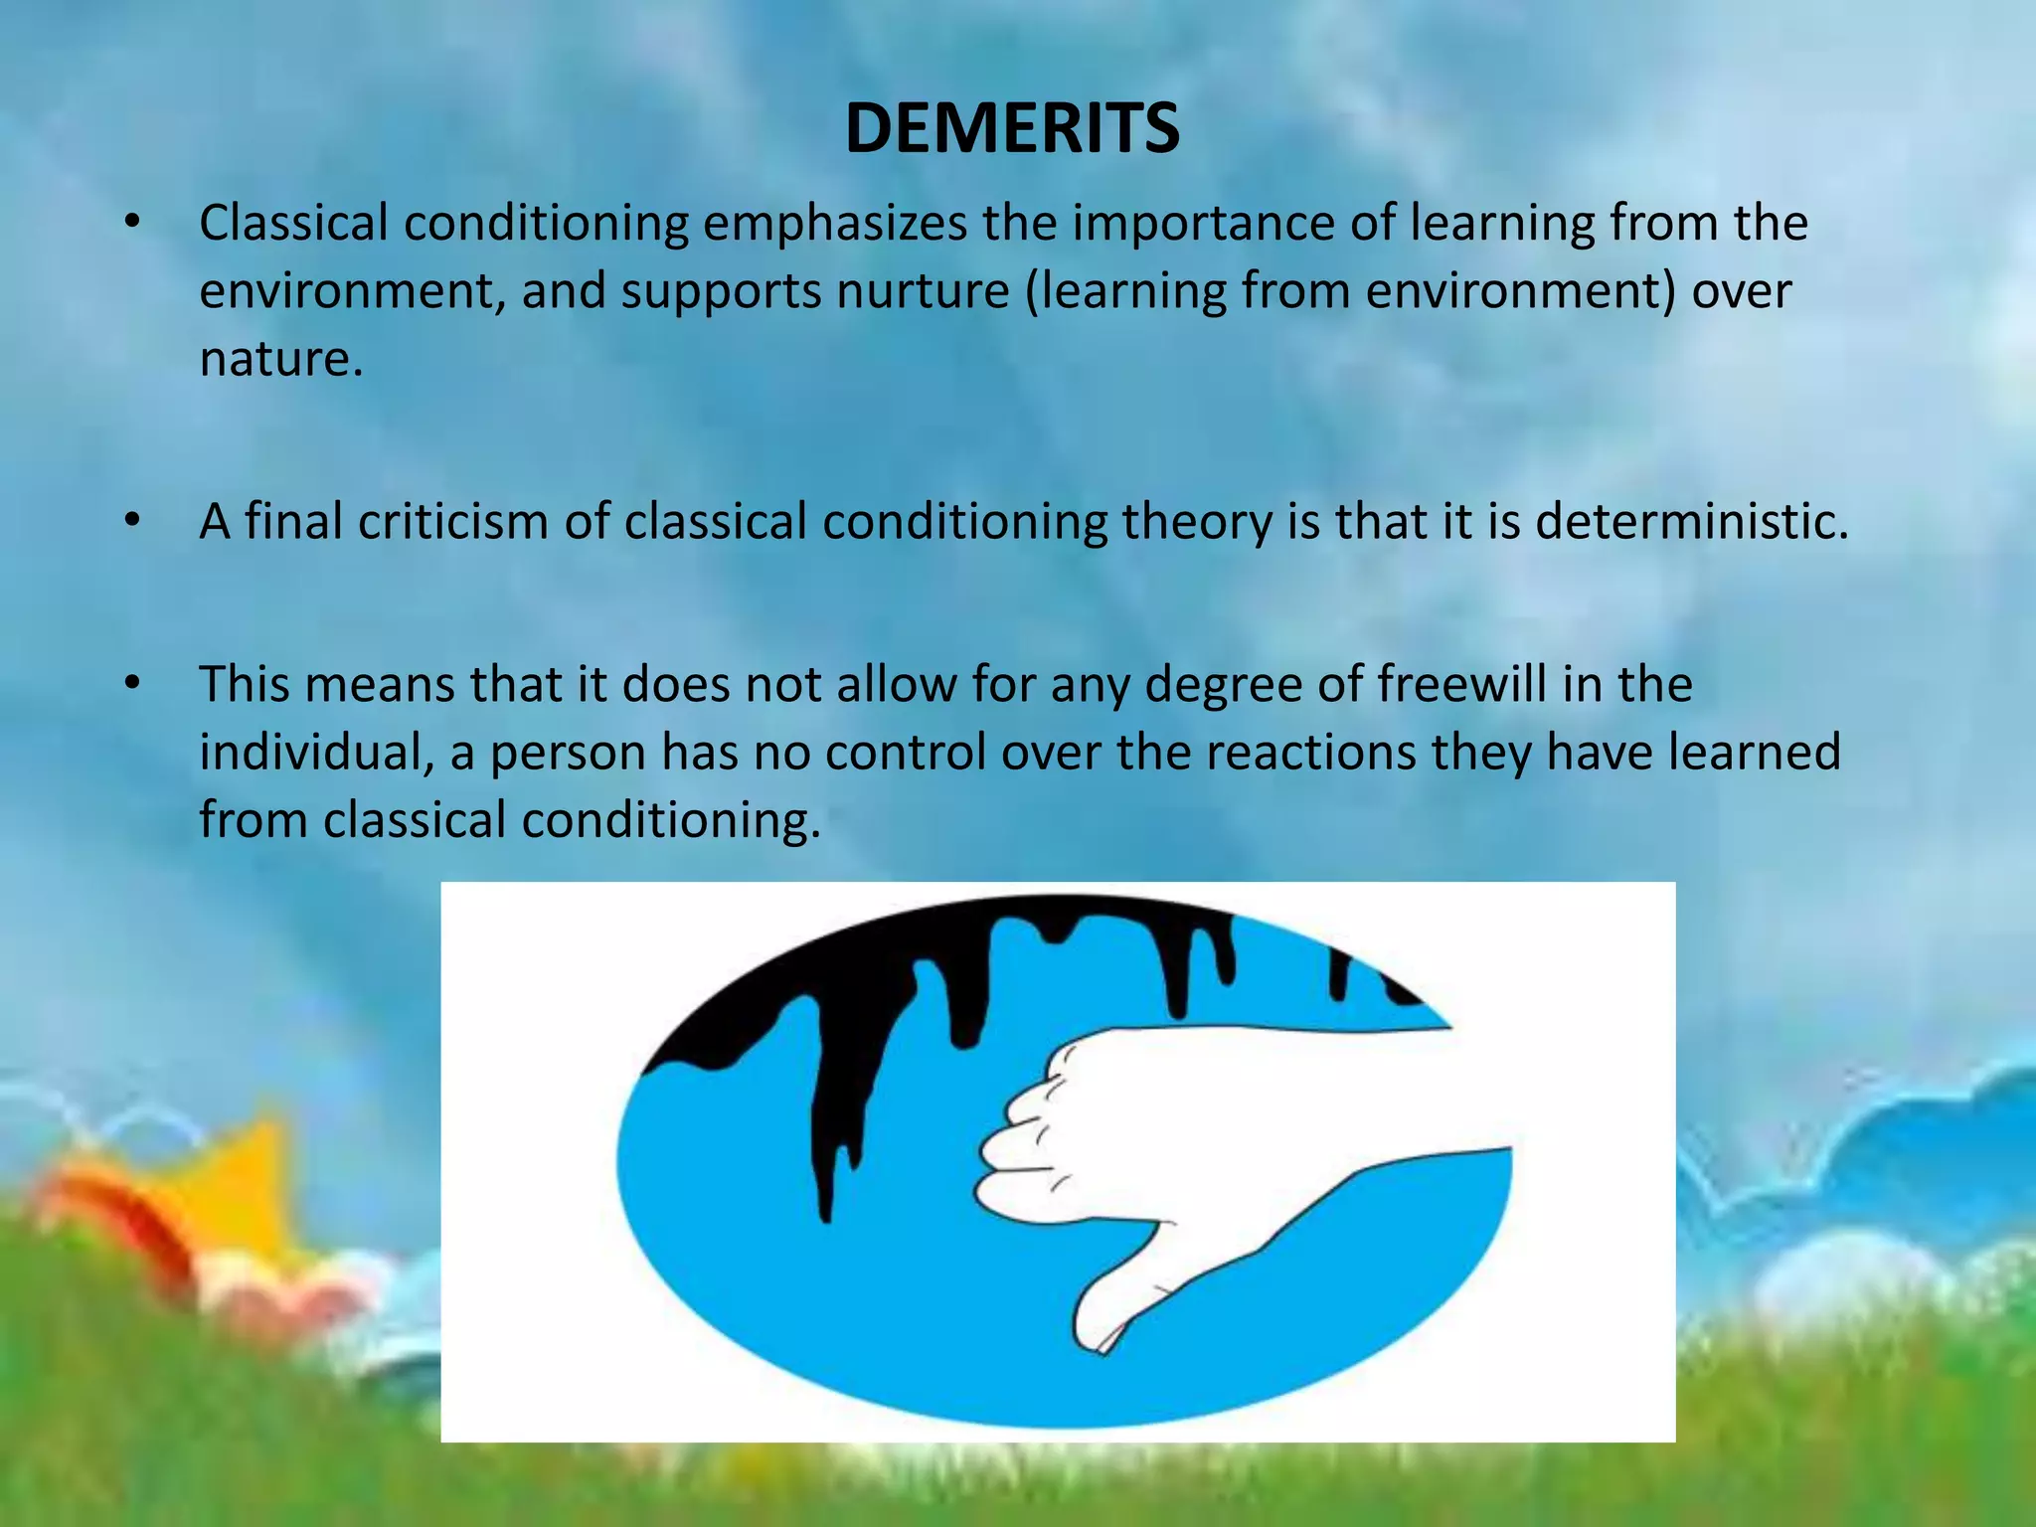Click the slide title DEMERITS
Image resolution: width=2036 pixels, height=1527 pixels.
(1012, 129)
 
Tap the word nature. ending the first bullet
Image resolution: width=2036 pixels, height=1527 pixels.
(280, 359)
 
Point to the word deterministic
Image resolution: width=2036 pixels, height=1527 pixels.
(1691, 521)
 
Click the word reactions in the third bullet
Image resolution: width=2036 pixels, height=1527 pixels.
(1311, 752)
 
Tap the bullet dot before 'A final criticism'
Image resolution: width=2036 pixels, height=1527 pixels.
(132, 521)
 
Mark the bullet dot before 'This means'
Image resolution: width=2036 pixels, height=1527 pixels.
(132, 684)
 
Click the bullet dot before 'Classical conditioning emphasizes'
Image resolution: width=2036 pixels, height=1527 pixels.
(132, 223)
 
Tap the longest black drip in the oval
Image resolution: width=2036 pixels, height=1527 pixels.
(825, 1143)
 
